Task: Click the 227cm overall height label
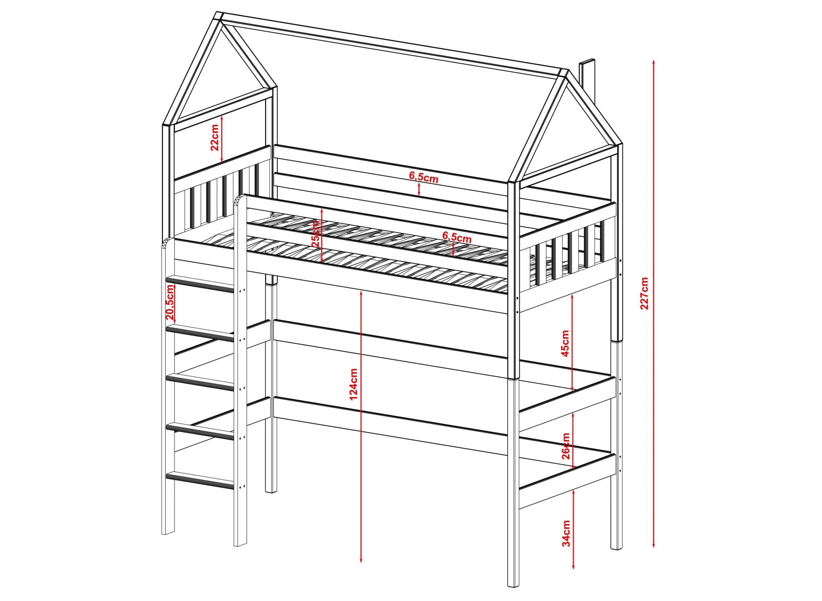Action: tap(644, 293)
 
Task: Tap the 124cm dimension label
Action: tap(353, 384)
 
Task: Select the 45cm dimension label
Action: tap(565, 343)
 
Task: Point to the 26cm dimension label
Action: tap(566, 446)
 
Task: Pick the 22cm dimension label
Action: tap(214, 138)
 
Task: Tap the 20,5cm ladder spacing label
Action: tap(170, 302)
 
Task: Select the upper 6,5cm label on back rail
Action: tap(424, 177)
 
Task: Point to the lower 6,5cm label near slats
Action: tap(457, 237)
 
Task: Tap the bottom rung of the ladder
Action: tap(199, 480)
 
